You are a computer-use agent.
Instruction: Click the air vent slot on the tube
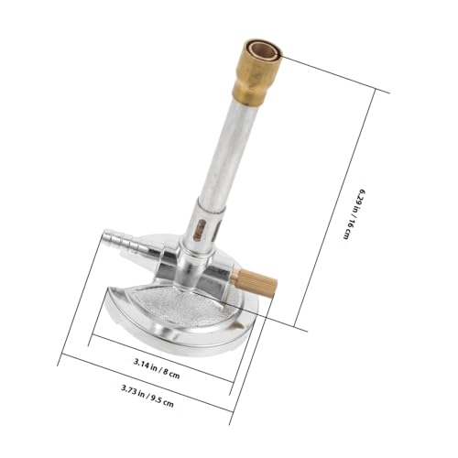[196, 230]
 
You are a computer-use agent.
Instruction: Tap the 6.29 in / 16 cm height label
[353, 212]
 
